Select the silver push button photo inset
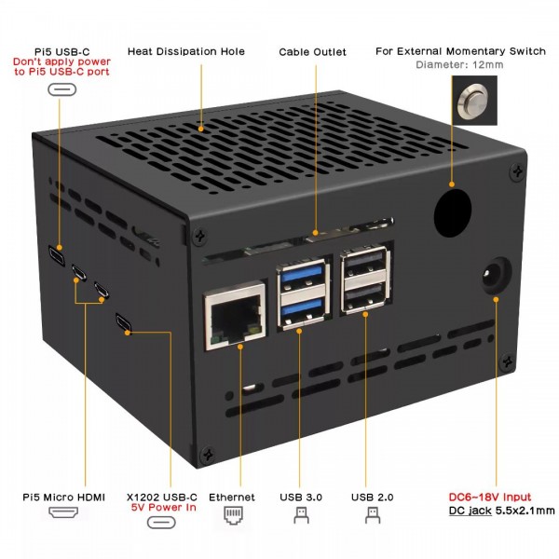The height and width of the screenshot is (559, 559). pos(472,100)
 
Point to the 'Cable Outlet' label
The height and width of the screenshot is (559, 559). pos(312,51)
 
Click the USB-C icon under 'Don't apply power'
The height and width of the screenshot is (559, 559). pos(63,90)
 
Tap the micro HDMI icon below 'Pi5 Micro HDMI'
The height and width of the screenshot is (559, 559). pos(63,514)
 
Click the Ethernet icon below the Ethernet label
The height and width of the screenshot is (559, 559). pos(232,515)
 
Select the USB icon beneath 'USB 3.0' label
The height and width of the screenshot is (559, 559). pos(301,514)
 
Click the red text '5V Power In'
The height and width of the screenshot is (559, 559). pos(162,508)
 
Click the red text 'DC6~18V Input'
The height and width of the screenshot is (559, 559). pos(490,497)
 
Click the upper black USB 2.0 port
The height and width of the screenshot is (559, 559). pos(365,266)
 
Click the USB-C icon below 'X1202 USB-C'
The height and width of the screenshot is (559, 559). pos(161,522)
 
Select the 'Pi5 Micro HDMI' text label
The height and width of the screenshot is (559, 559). pos(63,498)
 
